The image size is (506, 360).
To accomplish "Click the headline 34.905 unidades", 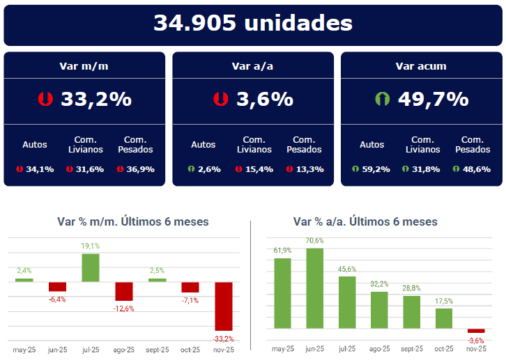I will coord(252,23).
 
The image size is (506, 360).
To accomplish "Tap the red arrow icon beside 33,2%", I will coord(45,99).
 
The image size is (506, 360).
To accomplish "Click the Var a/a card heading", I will coord(252,66).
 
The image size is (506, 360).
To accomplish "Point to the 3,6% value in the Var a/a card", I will coord(265,99).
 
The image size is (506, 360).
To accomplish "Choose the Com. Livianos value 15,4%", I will coord(259,169).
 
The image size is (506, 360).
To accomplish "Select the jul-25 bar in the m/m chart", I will coord(91,267).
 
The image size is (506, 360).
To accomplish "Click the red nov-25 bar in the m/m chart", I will coord(224,306).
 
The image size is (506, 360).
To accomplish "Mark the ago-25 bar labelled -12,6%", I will coord(124,291).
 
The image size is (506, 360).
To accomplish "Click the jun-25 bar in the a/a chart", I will coord(314,288).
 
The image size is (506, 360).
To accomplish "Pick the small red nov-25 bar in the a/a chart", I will coord(476,331).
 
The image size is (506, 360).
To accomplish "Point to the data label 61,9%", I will coord(282,251).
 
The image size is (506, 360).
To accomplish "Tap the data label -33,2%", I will coord(223,338).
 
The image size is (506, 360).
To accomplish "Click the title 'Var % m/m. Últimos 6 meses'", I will coord(132,222).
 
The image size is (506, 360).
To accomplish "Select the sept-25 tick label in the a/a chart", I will coord(412,349).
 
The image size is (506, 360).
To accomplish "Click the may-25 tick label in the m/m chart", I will coord(24,349).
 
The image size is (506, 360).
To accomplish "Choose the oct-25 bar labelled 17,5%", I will coord(444,318).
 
